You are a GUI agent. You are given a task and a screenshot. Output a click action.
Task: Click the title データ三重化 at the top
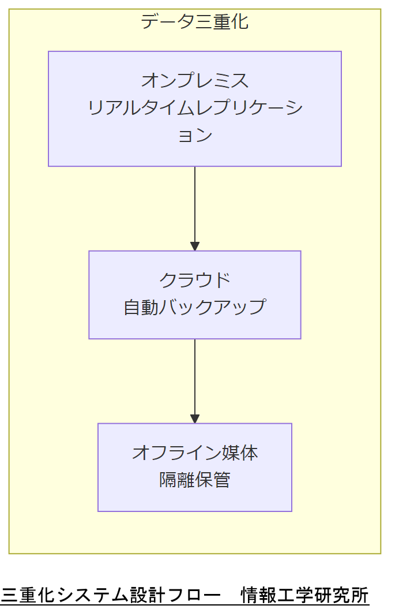pyautogui.click(x=194, y=22)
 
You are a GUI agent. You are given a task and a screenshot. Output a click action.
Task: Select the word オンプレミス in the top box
pyautogui.click(x=195, y=80)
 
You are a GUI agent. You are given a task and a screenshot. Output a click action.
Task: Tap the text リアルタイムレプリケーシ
pyautogui.click(x=195, y=108)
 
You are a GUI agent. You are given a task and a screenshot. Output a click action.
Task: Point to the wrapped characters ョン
pyautogui.click(x=195, y=136)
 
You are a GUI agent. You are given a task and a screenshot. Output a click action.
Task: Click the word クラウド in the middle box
pyautogui.click(x=195, y=280)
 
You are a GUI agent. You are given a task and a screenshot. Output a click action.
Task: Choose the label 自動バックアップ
pyautogui.click(x=195, y=307)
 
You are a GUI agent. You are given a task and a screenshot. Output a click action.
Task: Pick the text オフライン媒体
pyautogui.click(x=195, y=453)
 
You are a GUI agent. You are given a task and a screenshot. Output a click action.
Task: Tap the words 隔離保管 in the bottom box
pyautogui.click(x=195, y=480)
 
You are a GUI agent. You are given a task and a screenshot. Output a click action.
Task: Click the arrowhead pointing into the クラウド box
pyautogui.click(x=195, y=246)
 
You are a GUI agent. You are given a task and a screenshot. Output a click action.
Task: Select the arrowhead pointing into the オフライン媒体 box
pyautogui.click(x=195, y=419)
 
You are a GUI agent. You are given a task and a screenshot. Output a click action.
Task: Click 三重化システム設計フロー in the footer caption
pyautogui.click(x=111, y=595)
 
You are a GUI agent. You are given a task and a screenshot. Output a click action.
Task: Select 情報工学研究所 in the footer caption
pyautogui.click(x=305, y=595)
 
